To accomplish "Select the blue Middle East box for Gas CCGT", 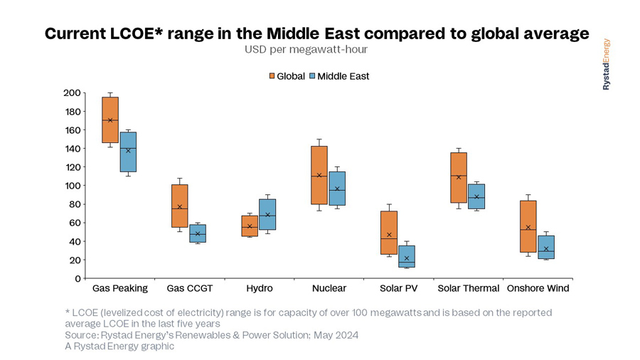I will tap(198, 233).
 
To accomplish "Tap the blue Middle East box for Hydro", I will tap(267, 214).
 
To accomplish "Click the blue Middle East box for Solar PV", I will tap(407, 256).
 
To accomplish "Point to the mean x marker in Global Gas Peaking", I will tap(110, 120).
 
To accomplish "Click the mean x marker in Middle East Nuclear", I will tap(337, 189).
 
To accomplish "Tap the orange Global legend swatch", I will tap(272, 76).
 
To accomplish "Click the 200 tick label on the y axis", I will tap(72, 92).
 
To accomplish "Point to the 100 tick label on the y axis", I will tap(72, 186).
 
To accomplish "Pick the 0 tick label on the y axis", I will tap(77, 278).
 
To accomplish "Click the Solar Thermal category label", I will tap(467, 288).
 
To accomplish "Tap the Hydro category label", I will tap(259, 288).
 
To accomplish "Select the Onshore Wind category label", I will tap(538, 288).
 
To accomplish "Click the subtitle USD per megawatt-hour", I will tap(306, 50).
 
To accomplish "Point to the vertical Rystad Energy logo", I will tap(607, 64).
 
